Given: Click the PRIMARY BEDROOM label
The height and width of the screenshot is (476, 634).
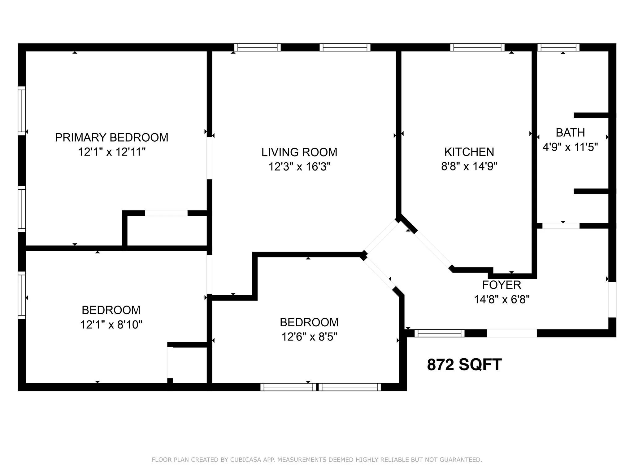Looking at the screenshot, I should pyautogui.click(x=111, y=137).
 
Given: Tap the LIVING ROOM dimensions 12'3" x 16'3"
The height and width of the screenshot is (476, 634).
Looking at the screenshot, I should pyautogui.click(x=299, y=167).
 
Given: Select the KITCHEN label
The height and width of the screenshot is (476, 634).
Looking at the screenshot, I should pyautogui.click(x=469, y=152).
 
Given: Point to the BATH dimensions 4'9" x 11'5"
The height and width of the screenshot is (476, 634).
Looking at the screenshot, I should pyautogui.click(x=570, y=147).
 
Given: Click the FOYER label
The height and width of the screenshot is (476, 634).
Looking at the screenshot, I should pyautogui.click(x=502, y=285).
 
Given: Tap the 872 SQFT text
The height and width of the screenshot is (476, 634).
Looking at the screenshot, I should pyautogui.click(x=464, y=364).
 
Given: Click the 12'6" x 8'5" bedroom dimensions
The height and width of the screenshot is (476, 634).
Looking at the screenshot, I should pyautogui.click(x=309, y=337).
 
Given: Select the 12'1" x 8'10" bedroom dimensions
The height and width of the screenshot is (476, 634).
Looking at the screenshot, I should pyautogui.click(x=111, y=324).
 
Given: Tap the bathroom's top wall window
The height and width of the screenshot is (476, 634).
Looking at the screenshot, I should pyautogui.click(x=558, y=47).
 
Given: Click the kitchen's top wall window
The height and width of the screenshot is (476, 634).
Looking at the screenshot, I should pyautogui.click(x=477, y=47).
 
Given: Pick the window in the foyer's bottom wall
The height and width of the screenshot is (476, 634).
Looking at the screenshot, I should pyautogui.click(x=439, y=333).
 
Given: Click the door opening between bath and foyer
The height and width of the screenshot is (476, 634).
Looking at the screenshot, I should pyautogui.click(x=561, y=226).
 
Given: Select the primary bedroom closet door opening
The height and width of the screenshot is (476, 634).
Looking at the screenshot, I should pyautogui.click(x=166, y=213).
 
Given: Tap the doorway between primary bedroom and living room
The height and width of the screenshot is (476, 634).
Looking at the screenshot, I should pyautogui.click(x=210, y=158).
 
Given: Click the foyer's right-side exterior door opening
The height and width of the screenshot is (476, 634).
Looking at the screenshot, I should pyautogui.click(x=612, y=299).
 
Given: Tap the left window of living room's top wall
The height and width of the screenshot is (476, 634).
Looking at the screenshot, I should pyautogui.click(x=257, y=47).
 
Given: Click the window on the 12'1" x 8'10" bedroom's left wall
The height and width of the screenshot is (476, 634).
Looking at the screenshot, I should pyautogui.click(x=22, y=295).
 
